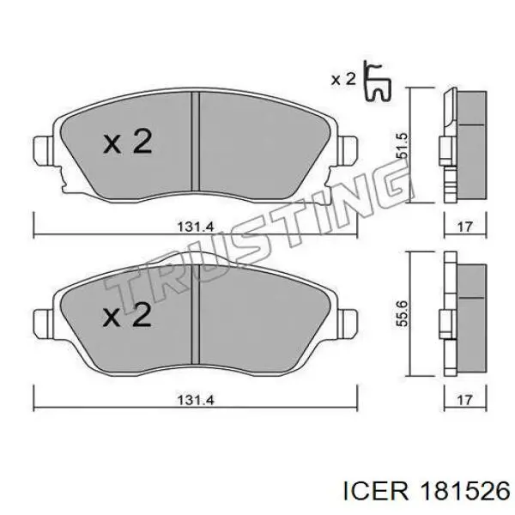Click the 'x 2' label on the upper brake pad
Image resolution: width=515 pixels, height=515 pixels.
click(x=128, y=142)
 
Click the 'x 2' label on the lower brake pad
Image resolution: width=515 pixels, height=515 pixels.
click(x=128, y=317)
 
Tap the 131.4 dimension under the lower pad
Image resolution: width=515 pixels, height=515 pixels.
click(x=196, y=398)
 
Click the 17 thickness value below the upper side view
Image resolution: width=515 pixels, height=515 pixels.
click(x=465, y=227)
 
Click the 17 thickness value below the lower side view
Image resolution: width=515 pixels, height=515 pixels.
click(x=465, y=398)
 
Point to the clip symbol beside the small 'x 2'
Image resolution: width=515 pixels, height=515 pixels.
click(x=376, y=82)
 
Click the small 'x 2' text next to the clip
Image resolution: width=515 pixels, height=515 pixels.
click(x=343, y=80)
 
